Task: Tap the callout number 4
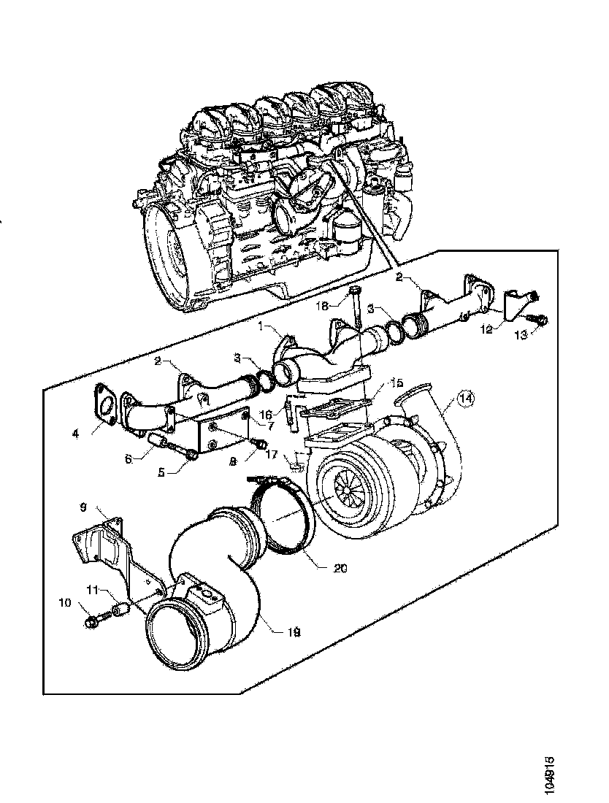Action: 75,433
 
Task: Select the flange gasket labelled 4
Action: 104,405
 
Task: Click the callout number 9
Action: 83,505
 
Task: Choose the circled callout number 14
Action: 465,399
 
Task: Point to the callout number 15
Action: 397,383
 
